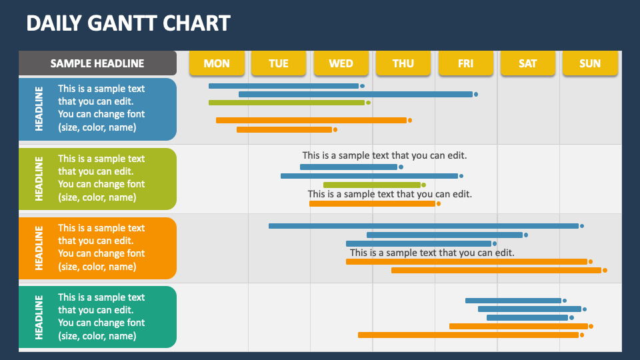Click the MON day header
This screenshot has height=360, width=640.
pyautogui.click(x=217, y=63)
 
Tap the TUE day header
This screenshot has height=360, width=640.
pyautogui.click(x=279, y=63)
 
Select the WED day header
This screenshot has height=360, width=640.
pyautogui.click(x=341, y=63)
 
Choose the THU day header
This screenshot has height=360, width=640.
pyautogui.click(x=403, y=63)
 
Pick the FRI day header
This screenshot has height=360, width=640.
pyautogui.click(x=465, y=63)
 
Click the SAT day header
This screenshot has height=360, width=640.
pyautogui.click(x=527, y=63)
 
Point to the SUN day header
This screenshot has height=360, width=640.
pyautogui.click(x=590, y=63)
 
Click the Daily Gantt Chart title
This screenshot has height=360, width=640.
pyautogui.click(x=128, y=23)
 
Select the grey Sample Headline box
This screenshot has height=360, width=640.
pyautogui.click(x=97, y=63)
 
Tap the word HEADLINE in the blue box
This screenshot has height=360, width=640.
pyautogui.click(x=39, y=109)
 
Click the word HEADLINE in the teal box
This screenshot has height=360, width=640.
pyautogui.click(x=39, y=317)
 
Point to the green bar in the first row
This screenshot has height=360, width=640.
pyautogui.click(x=287, y=103)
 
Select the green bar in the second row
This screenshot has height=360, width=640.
pyautogui.click(x=372, y=185)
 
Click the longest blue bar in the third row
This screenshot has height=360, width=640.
pyautogui.click(x=423, y=226)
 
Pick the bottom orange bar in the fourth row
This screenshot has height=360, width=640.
pyautogui.click(x=468, y=335)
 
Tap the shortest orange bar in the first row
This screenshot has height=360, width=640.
pyautogui.click(x=284, y=129)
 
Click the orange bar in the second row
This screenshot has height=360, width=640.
pyautogui.click(x=372, y=203)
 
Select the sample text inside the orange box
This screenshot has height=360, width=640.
pyautogui.click(x=101, y=247)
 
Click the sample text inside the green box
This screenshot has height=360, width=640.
pyautogui.click(x=101, y=178)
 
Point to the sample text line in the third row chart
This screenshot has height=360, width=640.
pyautogui.click(x=432, y=253)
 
